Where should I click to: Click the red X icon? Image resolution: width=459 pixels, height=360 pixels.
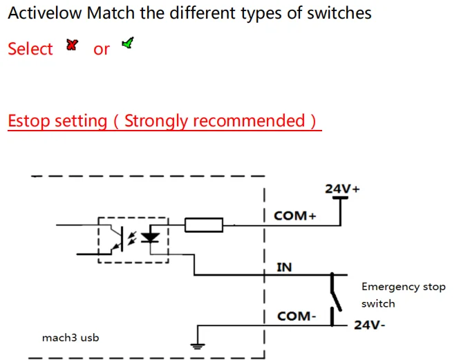(x=72, y=45)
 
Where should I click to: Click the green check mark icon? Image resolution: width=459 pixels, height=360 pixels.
(x=127, y=44)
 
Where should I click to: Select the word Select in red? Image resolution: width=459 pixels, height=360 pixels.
(x=30, y=49)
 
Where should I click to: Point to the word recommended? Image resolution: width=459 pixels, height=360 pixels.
(x=249, y=121)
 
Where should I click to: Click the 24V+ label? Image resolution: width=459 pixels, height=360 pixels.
(x=341, y=189)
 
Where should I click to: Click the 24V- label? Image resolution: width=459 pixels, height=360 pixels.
(x=369, y=325)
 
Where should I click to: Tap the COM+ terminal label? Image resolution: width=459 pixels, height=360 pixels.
(x=294, y=216)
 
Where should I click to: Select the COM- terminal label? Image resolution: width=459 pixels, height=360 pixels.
(x=297, y=316)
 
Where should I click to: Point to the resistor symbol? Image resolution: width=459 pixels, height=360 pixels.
(x=204, y=224)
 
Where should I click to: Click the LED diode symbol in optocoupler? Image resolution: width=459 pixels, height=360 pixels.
(x=150, y=237)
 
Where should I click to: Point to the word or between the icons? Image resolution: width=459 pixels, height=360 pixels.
(x=101, y=49)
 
